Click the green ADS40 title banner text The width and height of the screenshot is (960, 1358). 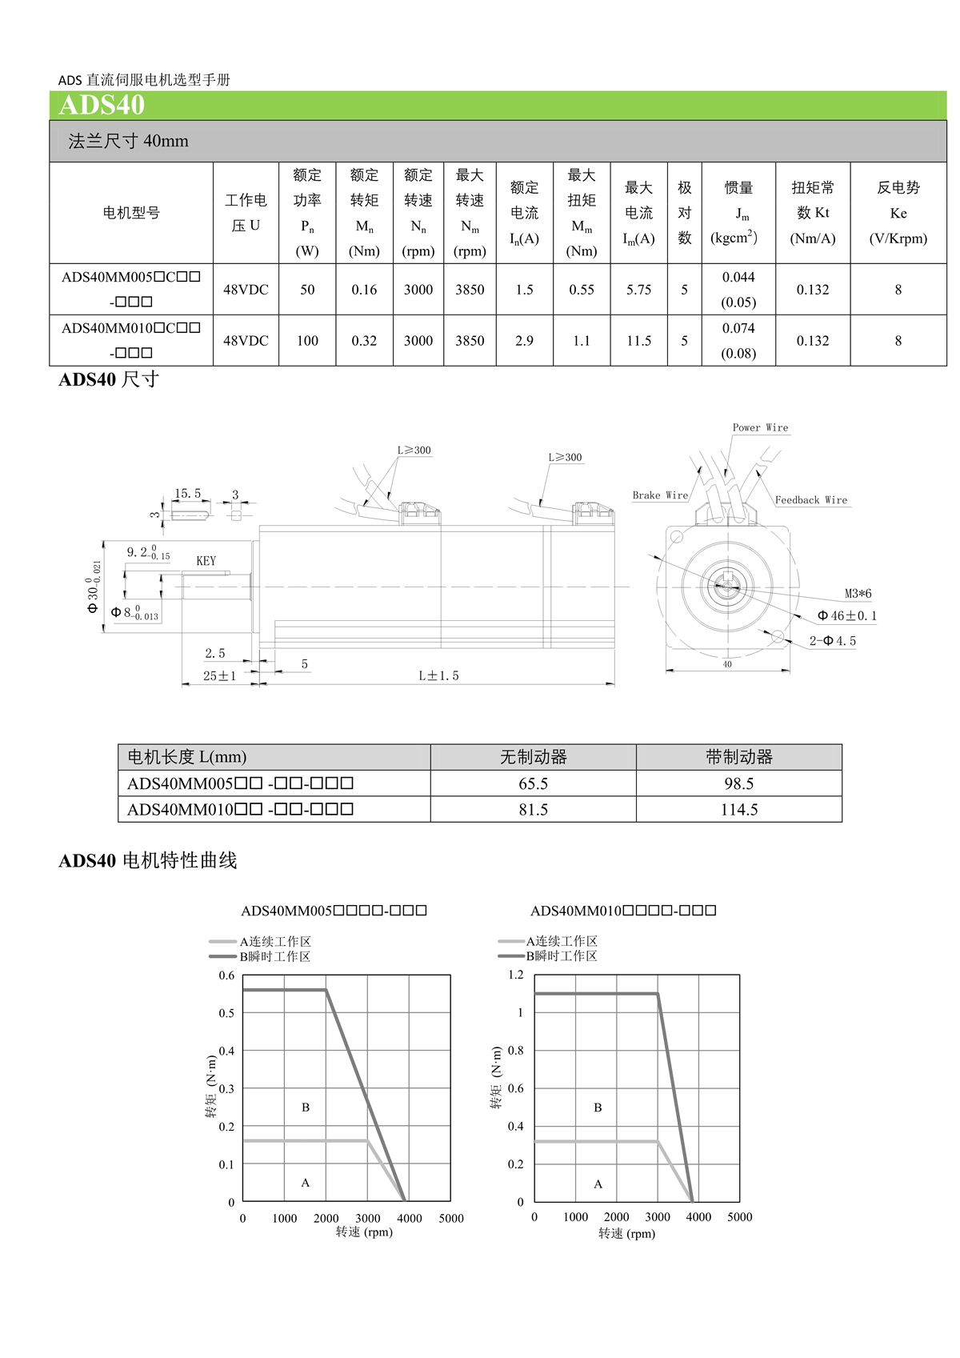tap(102, 106)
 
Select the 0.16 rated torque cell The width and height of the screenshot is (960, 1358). tap(364, 290)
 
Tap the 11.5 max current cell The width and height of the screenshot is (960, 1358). tap(638, 341)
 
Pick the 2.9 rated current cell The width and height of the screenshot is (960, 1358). tap(524, 341)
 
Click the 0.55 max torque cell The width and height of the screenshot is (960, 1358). tap(582, 290)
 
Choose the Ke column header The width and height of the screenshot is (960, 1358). tap(898, 213)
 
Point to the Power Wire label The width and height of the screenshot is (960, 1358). tap(760, 427)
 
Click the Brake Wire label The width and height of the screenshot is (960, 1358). tap(660, 495)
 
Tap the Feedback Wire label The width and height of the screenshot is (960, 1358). tap(810, 500)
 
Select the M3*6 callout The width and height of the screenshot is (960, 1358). tap(858, 594)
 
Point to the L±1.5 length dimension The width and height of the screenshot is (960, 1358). tap(438, 675)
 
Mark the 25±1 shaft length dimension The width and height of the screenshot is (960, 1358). tap(219, 675)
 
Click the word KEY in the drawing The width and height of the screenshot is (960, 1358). tap(206, 561)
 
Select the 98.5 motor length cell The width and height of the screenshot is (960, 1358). tap(738, 783)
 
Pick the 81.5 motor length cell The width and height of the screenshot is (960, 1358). tap(533, 809)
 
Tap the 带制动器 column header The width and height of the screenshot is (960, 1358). tap(738, 757)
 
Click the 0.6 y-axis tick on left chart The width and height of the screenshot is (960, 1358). tap(227, 975)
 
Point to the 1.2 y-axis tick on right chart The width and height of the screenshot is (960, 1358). tap(516, 975)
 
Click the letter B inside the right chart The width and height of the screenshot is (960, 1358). tap(598, 1108)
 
